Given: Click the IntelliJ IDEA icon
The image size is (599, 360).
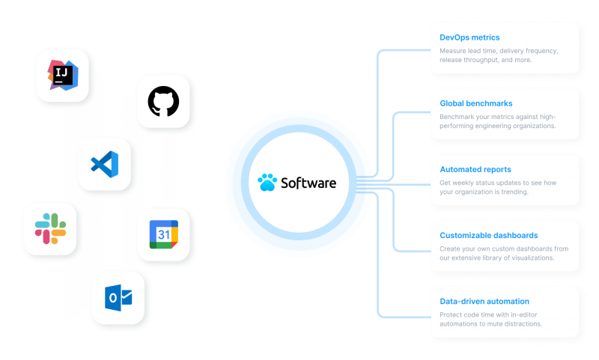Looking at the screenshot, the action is tap(63, 75).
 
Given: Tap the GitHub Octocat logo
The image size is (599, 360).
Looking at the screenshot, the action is tap(163, 101).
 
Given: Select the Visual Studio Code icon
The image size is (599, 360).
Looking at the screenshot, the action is tap(105, 164).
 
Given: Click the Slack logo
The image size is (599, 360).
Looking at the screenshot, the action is tap(50, 229).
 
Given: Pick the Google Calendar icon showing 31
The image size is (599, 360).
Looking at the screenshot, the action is tap(163, 234).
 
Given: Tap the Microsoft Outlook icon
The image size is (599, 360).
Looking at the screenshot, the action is tap(118, 298).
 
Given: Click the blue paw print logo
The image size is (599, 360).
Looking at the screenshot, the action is tap(267, 182).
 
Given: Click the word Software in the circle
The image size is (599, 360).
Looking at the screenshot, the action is tap(308, 183).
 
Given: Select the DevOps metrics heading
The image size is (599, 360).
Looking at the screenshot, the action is tap(469, 37).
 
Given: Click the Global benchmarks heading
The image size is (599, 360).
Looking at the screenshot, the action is tap(476, 103).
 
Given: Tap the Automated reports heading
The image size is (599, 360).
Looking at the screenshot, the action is tap(475, 169).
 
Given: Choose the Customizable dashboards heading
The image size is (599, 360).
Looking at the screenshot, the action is tap(489, 236).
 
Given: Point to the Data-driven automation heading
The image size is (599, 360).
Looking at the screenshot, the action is tap(484, 302).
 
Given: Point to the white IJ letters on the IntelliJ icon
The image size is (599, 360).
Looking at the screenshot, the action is tap(61, 72).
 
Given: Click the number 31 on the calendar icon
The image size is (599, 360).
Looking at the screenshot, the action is tap(164, 234).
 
